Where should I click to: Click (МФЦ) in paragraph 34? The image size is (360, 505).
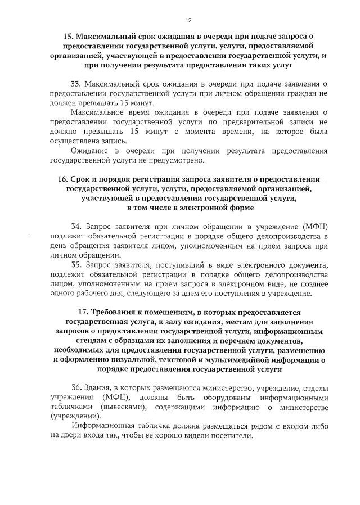(316, 226)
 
